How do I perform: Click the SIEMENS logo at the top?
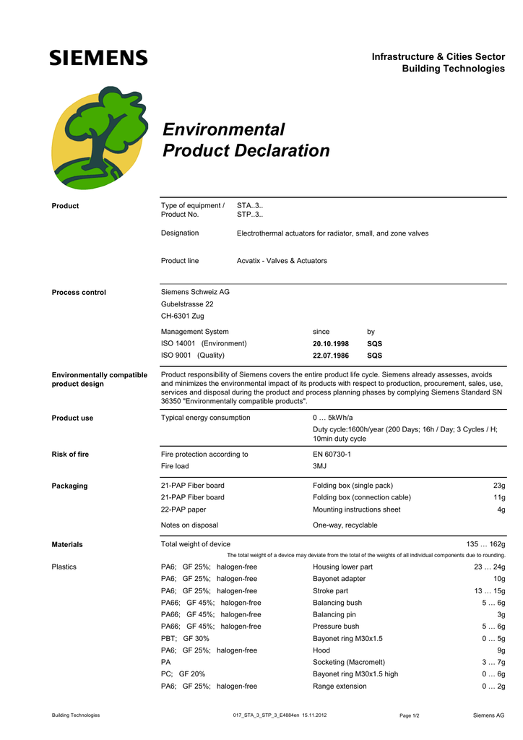(98, 58)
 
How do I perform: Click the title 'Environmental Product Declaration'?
(246, 140)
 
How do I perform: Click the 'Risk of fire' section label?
(70, 455)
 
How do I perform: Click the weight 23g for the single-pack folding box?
(498, 486)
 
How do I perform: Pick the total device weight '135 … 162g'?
(485, 544)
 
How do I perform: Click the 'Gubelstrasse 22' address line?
(187, 304)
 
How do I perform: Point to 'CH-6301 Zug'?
(182, 316)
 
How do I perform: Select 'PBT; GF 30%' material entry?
(185, 638)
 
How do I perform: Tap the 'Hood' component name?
(321, 650)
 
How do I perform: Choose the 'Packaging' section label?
(69, 486)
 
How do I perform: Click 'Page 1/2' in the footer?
(410, 715)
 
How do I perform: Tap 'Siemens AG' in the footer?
(488, 715)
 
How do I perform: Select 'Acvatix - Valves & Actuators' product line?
(282, 261)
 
